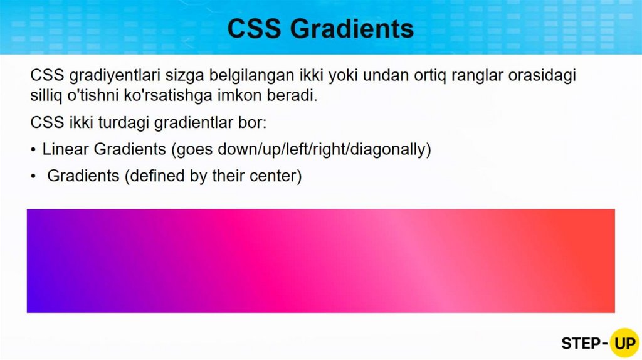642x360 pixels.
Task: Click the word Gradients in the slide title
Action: coord(352,29)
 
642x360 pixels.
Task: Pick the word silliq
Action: coord(46,96)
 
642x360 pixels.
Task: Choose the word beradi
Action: coord(292,95)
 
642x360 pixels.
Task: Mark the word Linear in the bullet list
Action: coord(65,149)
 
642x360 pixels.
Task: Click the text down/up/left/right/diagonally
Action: coord(324,150)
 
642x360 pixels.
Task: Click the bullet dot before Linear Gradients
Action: coord(33,150)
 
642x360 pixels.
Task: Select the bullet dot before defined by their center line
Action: coord(33,176)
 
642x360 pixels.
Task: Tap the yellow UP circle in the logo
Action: coord(624,343)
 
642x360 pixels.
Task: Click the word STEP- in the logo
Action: coord(584,344)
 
